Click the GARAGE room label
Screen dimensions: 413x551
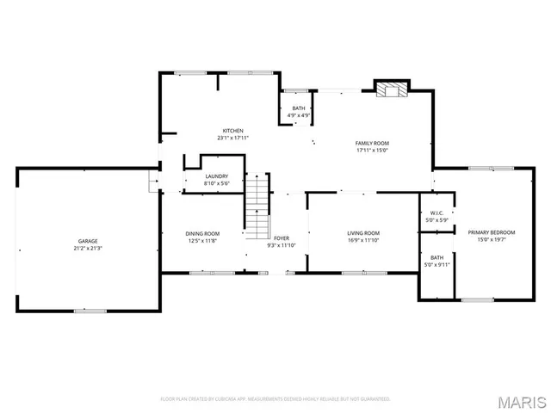pyautogui.click(x=88, y=241)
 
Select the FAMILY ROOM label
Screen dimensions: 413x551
pyautogui.click(x=373, y=143)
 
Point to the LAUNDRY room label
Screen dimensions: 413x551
pyautogui.click(x=216, y=176)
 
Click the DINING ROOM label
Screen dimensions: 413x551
pyautogui.click(x=202, y=233)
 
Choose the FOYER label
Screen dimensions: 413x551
pyautogui.click(x=282, y=238)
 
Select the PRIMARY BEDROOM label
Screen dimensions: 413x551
pyautogui.click(x=492, y=233)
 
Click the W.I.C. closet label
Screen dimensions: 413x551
pyautogui.click(x=436, y=213)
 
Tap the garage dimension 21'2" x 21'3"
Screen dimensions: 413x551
pyautogui.click(x=88, y=248)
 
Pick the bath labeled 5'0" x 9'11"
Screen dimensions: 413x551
pyautogui.click(x=436, y=261)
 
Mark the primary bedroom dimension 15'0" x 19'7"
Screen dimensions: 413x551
pyautogui.click(x=492, y=240)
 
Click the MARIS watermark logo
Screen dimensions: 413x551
pyautogui.click(x=525, y=402)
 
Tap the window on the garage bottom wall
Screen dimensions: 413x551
pyautogui.click(x=90, y=310)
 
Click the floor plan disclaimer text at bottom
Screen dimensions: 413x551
pyautogui.click(x=275, y=399)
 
